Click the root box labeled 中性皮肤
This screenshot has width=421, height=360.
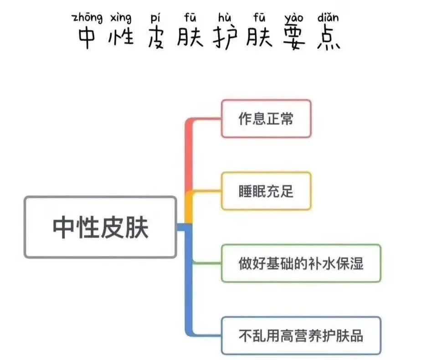[100, 226]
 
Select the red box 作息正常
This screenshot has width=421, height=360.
[266, 118]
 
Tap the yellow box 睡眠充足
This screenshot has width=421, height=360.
[266, 190]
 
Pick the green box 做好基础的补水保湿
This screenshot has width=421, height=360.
[301, 263]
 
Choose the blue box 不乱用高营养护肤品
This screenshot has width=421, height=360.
[301, 335]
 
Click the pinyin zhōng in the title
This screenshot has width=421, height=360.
[87, 18]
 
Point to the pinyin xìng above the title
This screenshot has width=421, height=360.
[121, 18]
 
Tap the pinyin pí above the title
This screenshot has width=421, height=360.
[154, 18]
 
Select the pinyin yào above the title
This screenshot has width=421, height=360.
[294, 18]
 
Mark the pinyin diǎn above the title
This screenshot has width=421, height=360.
[328, 18]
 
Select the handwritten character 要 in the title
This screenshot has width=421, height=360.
[294, 38]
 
